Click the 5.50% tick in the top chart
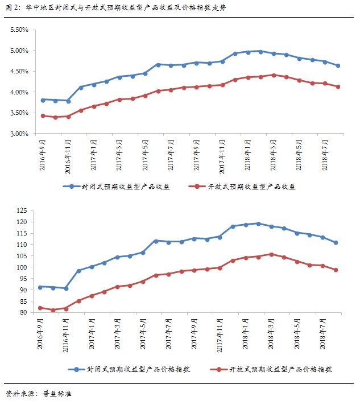click(19, 30)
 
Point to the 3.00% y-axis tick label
click(19, 134)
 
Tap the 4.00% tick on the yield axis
click(19, 92)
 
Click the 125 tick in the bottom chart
click(23, 210)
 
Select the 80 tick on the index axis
click(24, 313)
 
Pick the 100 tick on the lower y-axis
click(23, 267)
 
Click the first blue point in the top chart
click(43, 100)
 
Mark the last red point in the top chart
click(338, 86)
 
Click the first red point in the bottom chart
click(40, 308)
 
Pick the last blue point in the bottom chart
click(336, 243)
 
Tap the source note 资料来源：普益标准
click(39, 394)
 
